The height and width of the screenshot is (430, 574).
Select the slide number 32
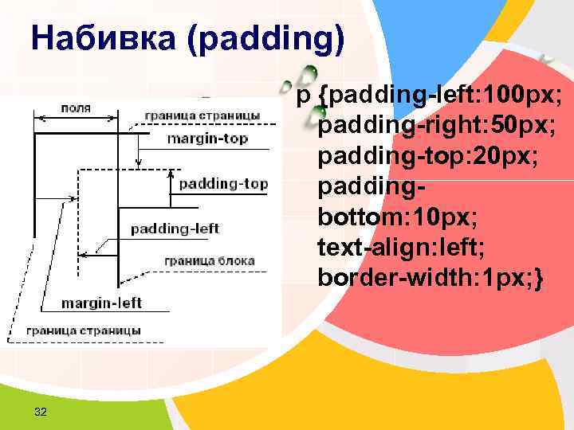click(41, 411)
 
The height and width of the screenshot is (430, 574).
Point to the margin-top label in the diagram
click(207, 139)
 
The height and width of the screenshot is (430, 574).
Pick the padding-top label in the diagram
click(223, 184)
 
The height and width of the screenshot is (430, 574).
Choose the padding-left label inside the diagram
click(175, 229)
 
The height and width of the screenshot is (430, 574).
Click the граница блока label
click(210, 260)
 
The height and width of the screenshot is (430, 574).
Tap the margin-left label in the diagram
click(102, 303)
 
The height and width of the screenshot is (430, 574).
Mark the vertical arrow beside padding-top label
click(171, 185)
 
